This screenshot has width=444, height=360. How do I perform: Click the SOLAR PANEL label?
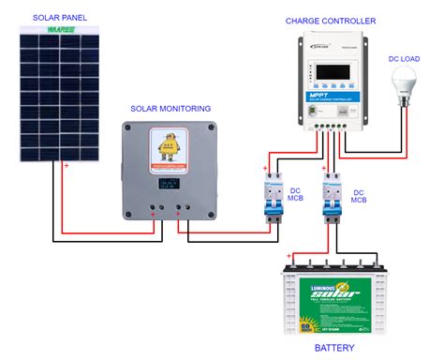[x=60, y=17]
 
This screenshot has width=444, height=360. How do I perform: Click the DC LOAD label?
[x=407, y=57]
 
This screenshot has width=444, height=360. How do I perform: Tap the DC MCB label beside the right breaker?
[x=361, y=194]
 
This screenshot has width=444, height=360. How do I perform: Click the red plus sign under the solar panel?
[x=66, y=168]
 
